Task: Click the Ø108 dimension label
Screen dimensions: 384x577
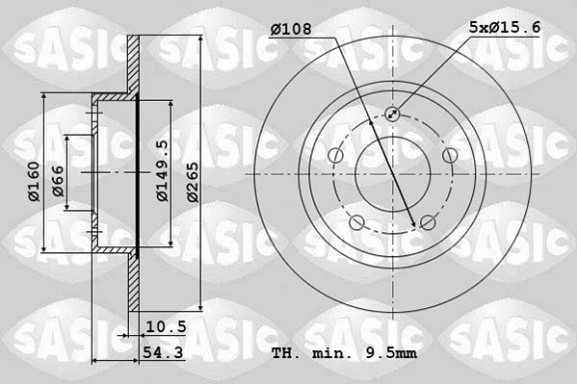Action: coord(290,30)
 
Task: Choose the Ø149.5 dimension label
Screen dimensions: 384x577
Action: coord(162,170)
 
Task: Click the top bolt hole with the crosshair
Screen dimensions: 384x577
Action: coord(393,115)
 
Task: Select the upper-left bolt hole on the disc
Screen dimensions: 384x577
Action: coord(335,156)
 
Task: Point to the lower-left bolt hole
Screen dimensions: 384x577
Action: coord(357,223)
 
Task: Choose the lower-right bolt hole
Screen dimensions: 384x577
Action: coord(429,223)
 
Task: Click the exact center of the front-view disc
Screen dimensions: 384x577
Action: coord(393,174)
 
